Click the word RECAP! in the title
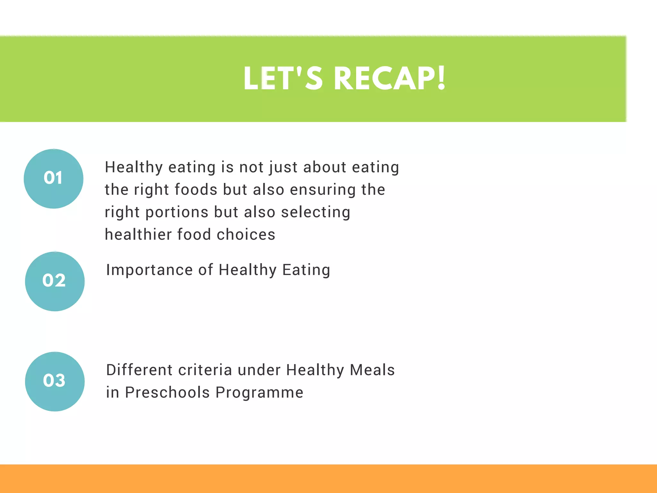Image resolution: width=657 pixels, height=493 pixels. tap(389, 78)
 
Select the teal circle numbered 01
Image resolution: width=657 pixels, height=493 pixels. tap(54, 178)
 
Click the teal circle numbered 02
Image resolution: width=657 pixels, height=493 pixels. tap(55, 281)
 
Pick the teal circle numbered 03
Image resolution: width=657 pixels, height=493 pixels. tap(55, 381)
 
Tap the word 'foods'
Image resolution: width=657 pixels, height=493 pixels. tap(196, 190)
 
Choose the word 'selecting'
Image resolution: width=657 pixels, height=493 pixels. tap(316, 212)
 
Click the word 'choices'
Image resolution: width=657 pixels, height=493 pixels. tap(246, 235)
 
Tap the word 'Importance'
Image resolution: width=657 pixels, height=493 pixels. tap(149, 270)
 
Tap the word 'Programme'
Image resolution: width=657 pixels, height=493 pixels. tap(259, 393)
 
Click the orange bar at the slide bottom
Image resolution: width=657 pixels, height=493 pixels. tap(328, 479)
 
